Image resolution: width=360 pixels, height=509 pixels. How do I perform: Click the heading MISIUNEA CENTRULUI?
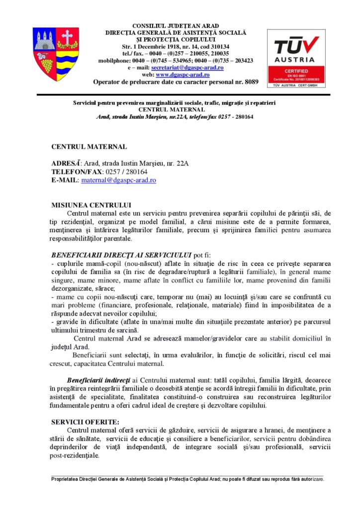click(91, 205)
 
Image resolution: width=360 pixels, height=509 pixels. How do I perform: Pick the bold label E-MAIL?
click(65, 180)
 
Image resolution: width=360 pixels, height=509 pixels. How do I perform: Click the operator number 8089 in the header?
click(252, 82)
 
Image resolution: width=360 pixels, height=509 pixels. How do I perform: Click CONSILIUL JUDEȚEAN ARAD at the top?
click(176, 26)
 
